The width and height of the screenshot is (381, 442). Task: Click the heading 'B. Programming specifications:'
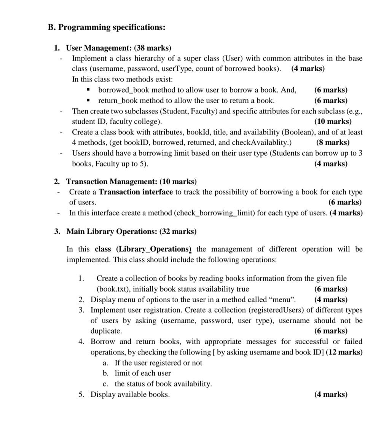107,27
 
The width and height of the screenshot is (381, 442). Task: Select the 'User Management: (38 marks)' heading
118,48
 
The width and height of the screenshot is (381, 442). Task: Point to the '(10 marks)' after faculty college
333,121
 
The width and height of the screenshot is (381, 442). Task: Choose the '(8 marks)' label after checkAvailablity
333,142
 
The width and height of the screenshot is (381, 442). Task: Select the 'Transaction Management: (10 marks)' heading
131,181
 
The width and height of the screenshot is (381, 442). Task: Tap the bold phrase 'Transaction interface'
136,192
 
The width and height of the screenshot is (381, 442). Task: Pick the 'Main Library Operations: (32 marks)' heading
131,231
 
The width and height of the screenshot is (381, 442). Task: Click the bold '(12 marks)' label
344,352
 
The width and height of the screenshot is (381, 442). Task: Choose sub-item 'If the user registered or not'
158,363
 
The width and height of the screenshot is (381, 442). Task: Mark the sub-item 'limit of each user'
143,373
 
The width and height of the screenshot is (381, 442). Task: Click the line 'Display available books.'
130,394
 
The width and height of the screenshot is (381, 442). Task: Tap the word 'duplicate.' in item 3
106,331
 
